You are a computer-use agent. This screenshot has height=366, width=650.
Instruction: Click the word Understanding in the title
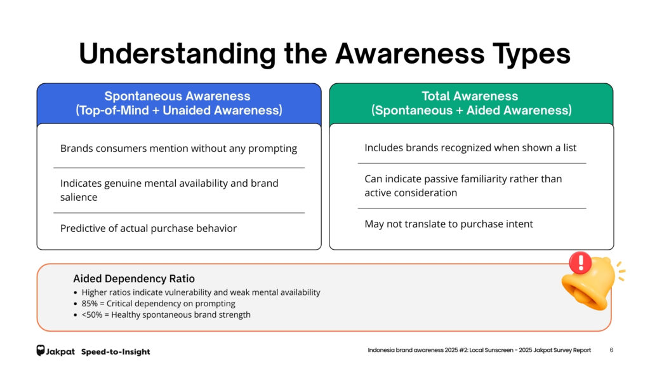click(x=178, y=53)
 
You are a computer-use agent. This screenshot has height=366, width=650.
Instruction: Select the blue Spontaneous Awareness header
click(x=179, y=104)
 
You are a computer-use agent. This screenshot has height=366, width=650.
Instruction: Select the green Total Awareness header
click(x=472, y=104)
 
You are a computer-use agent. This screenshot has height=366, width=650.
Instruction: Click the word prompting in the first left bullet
click(x=272, y=149)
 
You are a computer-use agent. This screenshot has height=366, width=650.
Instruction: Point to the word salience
click(x=79, y=197)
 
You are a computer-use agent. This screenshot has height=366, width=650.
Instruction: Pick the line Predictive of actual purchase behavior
click(x=149, y=228)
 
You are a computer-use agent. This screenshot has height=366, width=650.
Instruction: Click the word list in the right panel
click(x=569, y=147)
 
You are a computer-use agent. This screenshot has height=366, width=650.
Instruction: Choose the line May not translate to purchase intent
click(x=449, y=224)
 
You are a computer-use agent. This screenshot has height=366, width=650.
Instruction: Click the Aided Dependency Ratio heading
click(x=134, y=278)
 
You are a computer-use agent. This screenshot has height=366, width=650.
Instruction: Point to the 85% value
click(x=90, y=304)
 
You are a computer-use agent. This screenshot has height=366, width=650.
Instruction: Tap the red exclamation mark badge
click(x=580, y=262)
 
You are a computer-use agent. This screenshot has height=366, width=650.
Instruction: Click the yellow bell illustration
click(x=591, y=284)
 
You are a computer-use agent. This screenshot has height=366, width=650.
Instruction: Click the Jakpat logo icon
click(x=40, y=351)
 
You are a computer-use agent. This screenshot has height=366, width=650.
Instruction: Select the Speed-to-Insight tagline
click(x=116, y=352)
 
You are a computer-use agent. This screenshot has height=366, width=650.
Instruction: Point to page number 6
click(x=611, y=350)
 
